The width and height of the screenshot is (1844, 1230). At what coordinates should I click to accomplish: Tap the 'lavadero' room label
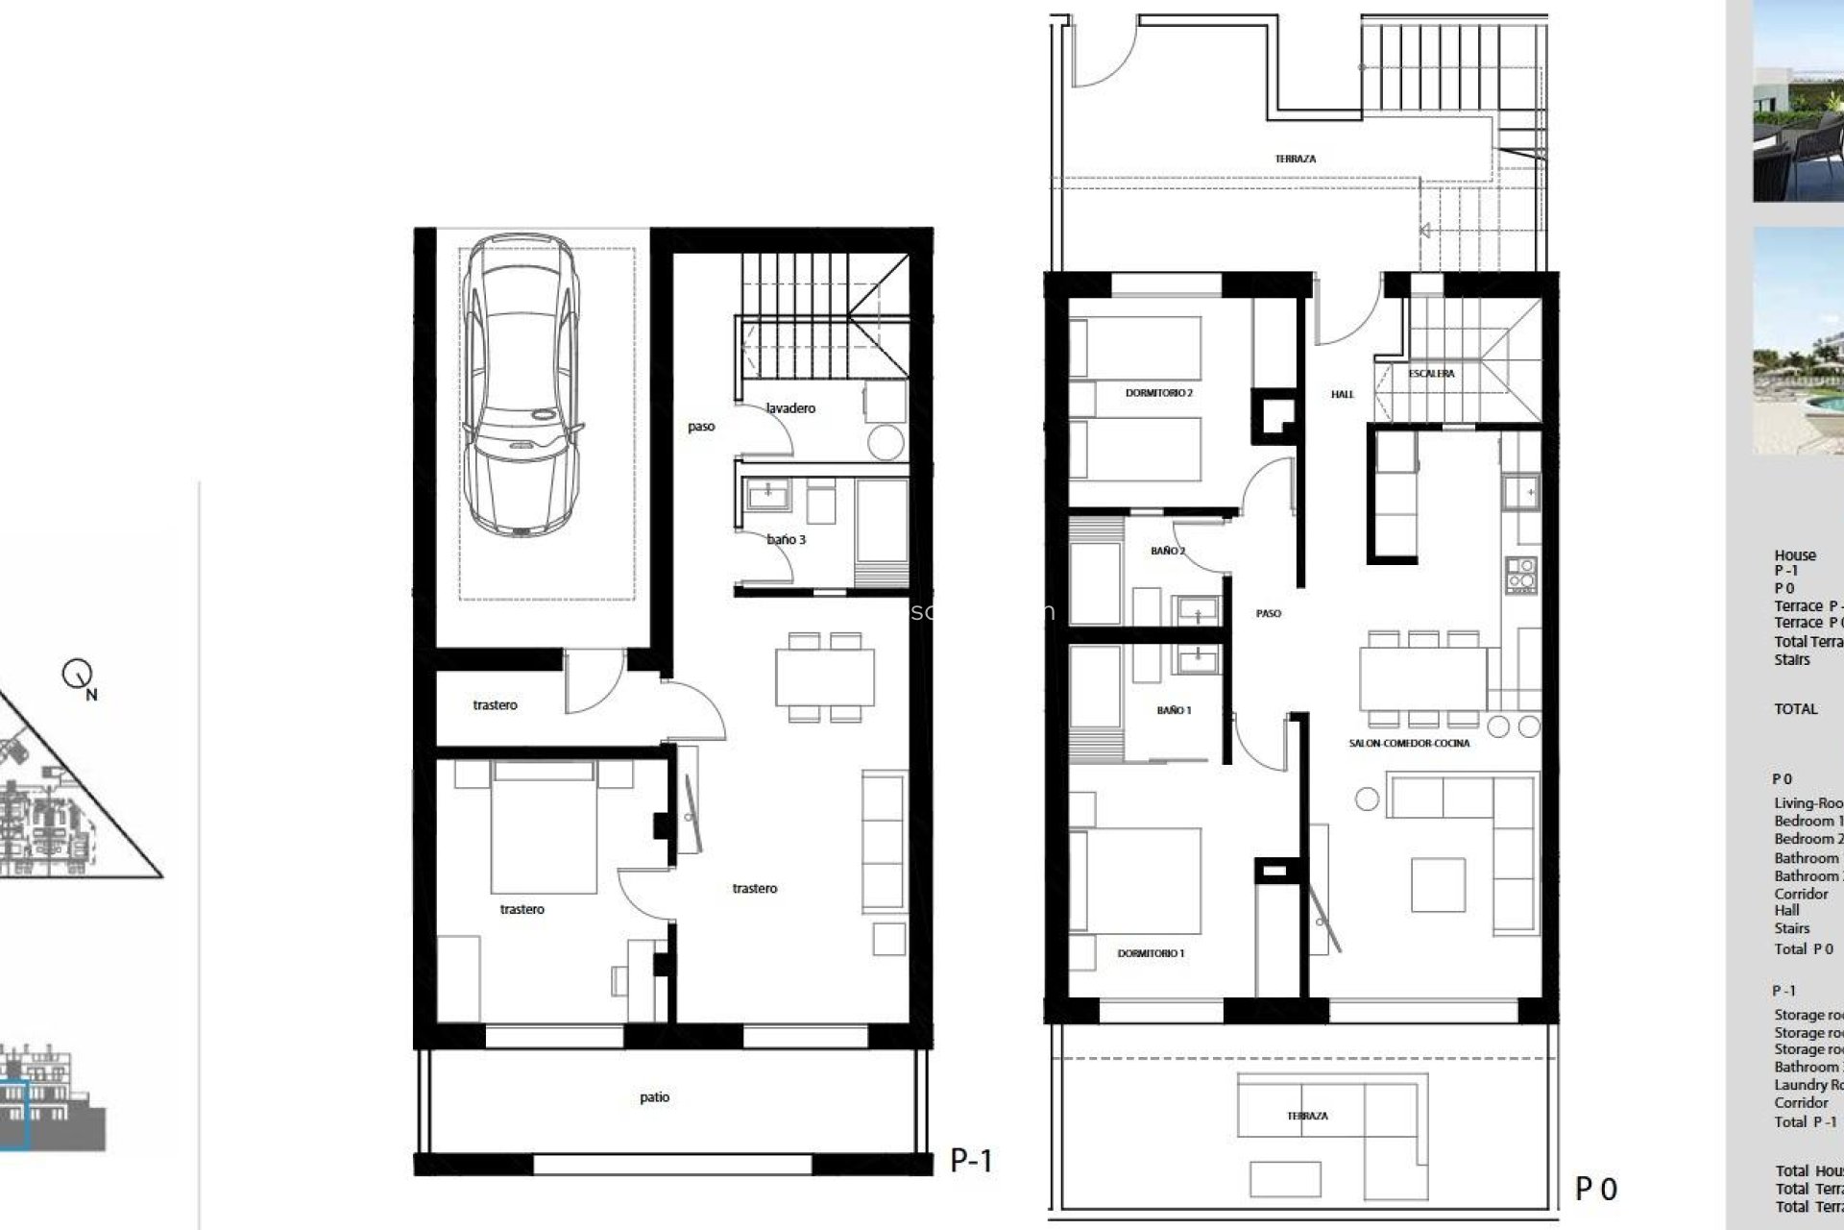790,408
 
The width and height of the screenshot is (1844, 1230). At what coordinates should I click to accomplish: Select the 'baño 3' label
786,539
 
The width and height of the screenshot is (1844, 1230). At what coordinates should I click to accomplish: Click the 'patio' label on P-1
654,1096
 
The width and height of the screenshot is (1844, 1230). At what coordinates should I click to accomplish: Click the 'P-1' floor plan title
971,1160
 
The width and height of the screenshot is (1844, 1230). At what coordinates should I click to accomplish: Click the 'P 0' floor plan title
1595,1189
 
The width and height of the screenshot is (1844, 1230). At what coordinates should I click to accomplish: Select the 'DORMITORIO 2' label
1158,393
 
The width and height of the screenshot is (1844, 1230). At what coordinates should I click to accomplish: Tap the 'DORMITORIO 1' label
1151,953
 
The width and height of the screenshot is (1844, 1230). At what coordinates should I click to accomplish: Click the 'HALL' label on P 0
1342,394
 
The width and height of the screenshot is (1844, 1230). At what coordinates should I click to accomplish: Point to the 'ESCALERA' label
1431,374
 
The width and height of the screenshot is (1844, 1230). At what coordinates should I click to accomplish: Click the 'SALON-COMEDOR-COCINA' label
1409,743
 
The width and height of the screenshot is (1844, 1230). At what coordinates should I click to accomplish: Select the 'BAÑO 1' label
1174,710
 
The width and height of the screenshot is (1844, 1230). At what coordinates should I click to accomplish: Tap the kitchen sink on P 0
1521,493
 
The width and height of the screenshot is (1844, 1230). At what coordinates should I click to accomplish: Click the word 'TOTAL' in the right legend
1795,709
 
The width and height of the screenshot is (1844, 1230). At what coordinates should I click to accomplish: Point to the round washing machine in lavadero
885,442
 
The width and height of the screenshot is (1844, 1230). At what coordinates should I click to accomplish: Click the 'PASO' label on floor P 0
1268,613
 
